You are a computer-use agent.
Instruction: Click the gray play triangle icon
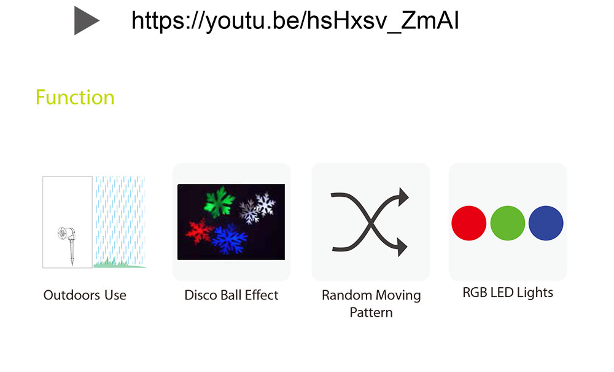click(x=86, y=21)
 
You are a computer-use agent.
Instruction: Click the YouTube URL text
click(x=295, y=20)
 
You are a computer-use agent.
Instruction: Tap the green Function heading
click(x=75, y=97)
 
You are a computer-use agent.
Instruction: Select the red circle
click(x=468, y=223)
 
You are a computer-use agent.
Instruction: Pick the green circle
click(x=508, y=223)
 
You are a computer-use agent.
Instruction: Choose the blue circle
click(x=546, y=223)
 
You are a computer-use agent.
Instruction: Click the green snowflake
click(x=219, y=202)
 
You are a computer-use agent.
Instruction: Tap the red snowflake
click(x=200, y=232)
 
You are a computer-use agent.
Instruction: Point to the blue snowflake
click(x=230, y=239)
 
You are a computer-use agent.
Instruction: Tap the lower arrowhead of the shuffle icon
click(x=402, y=247)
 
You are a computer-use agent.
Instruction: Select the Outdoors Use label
click(x=85, y=295)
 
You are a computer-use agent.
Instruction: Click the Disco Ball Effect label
click(x=231, y=295)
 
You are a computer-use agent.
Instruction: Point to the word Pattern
click(x=371, y=312)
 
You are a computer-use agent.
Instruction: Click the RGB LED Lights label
click(x=508, y=293)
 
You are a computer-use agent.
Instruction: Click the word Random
click(x=346, y=295)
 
